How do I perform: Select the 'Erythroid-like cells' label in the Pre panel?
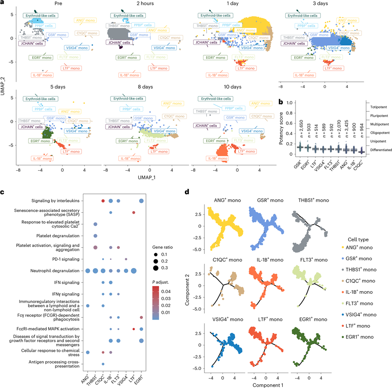coord(40,15)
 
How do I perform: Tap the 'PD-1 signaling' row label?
coord(67,259)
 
